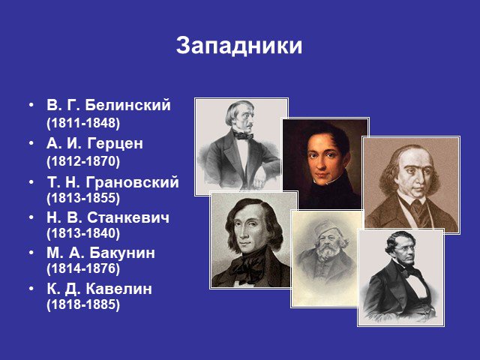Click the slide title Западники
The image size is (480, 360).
239,46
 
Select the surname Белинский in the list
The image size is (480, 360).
127,105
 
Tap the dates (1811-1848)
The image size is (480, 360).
83,123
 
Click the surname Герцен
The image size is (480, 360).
115,143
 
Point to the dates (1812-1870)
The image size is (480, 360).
83,161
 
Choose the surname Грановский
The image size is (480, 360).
132,182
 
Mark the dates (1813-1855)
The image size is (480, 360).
83,198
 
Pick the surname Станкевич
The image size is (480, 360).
128,218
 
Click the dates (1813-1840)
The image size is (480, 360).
83,233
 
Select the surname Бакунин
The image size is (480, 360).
122,253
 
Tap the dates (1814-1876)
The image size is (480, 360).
83,268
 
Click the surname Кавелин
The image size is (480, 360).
118,289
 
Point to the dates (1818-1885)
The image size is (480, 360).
83,304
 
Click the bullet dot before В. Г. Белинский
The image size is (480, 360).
31,105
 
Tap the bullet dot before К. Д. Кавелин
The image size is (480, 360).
31,289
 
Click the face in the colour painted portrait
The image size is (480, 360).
322,159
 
